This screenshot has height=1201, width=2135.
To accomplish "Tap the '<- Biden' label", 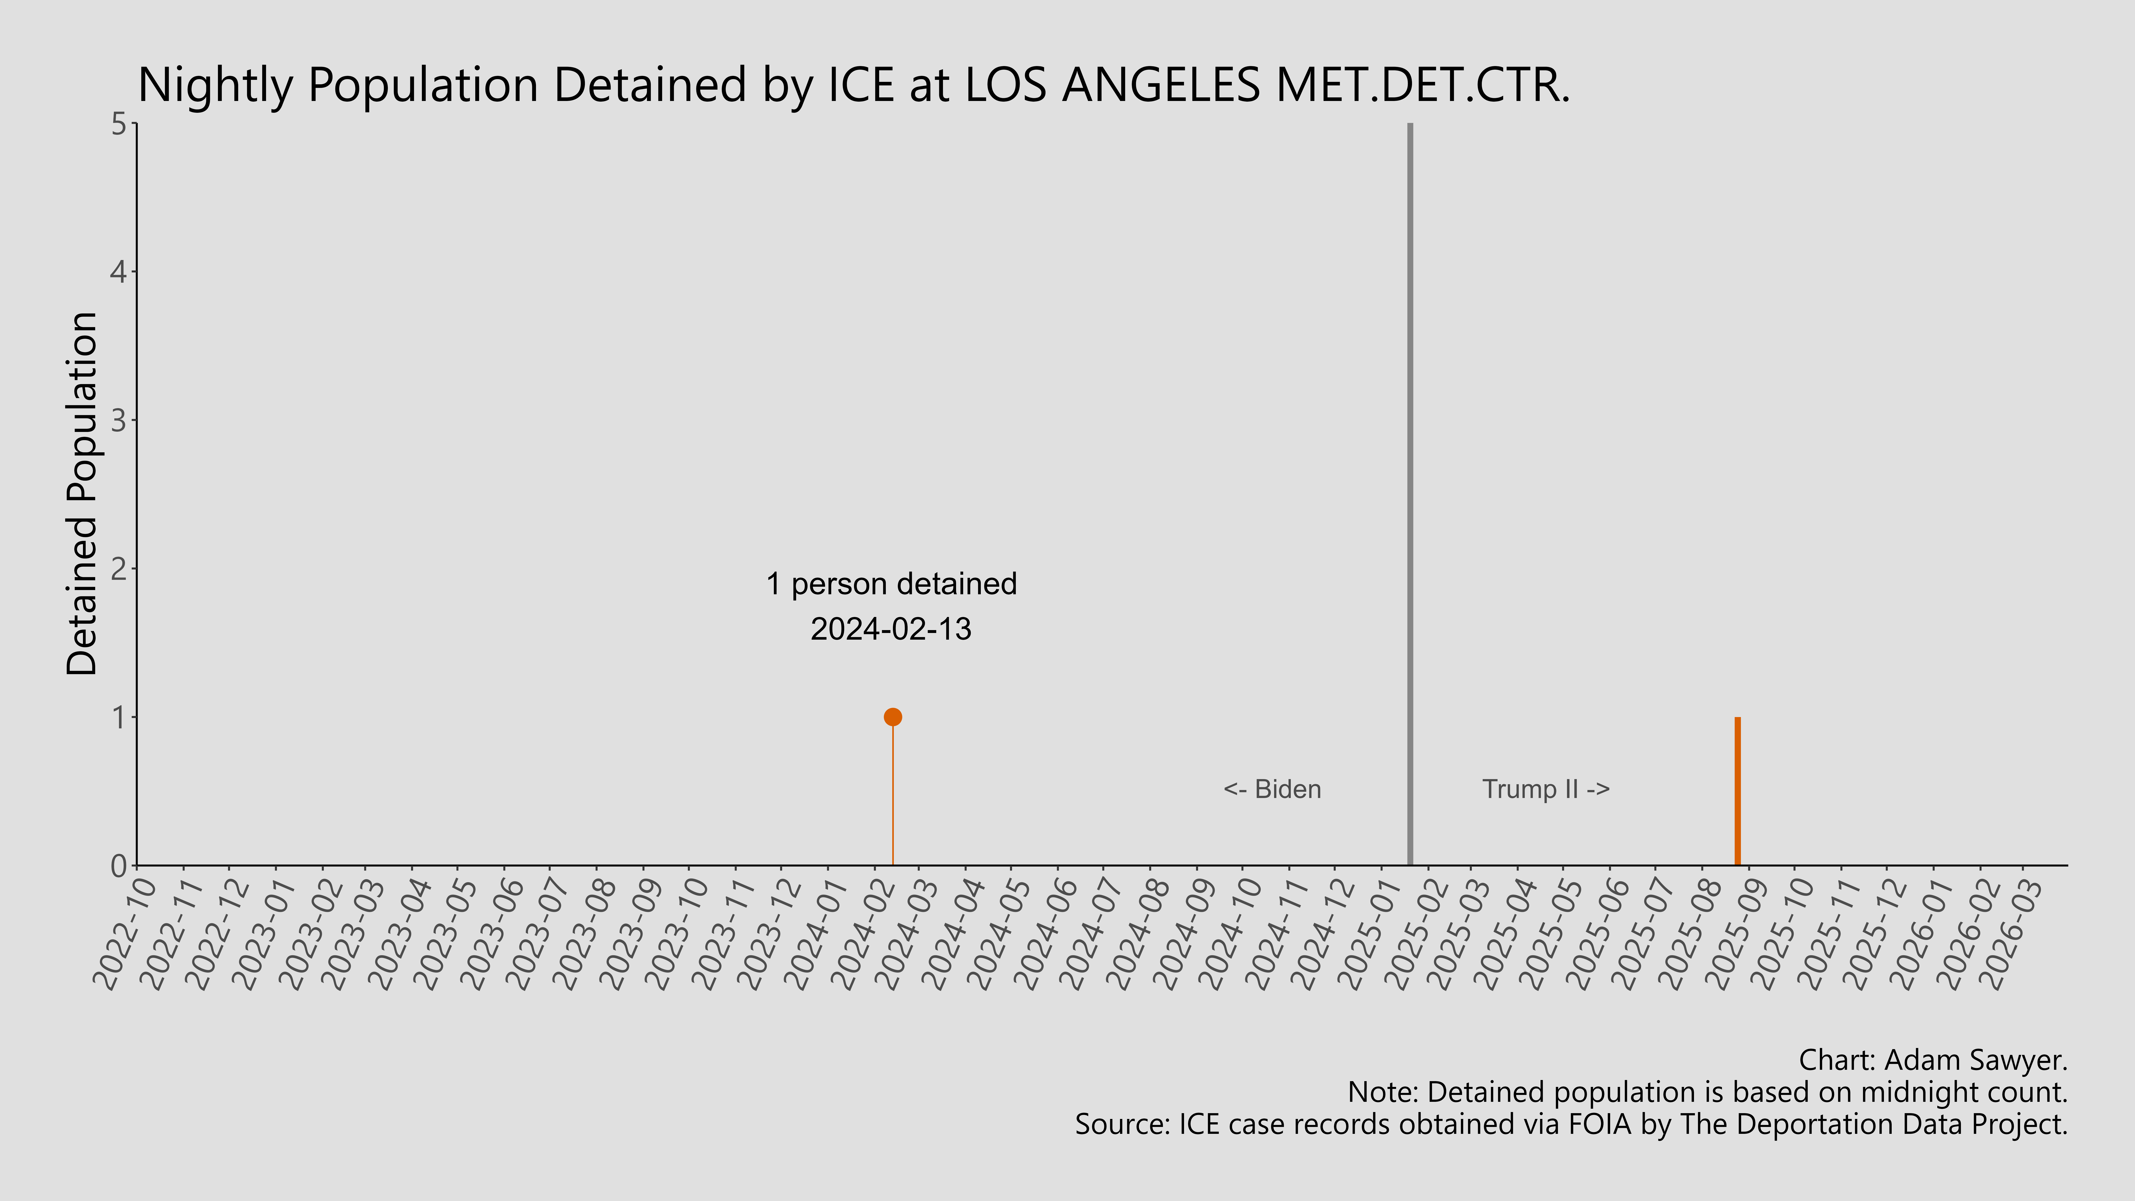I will click(1272, 789).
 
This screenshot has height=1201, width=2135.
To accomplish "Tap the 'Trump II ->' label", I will click(1546, 789).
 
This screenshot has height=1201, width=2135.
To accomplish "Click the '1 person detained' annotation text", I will click(891, 584).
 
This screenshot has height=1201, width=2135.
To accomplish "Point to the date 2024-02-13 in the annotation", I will click(891, 629).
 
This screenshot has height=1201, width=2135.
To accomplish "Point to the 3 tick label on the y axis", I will click(119, 421).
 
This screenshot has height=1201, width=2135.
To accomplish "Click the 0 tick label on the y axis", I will click(119, 866).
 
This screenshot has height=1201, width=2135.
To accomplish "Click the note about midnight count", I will click(1707, 1092).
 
